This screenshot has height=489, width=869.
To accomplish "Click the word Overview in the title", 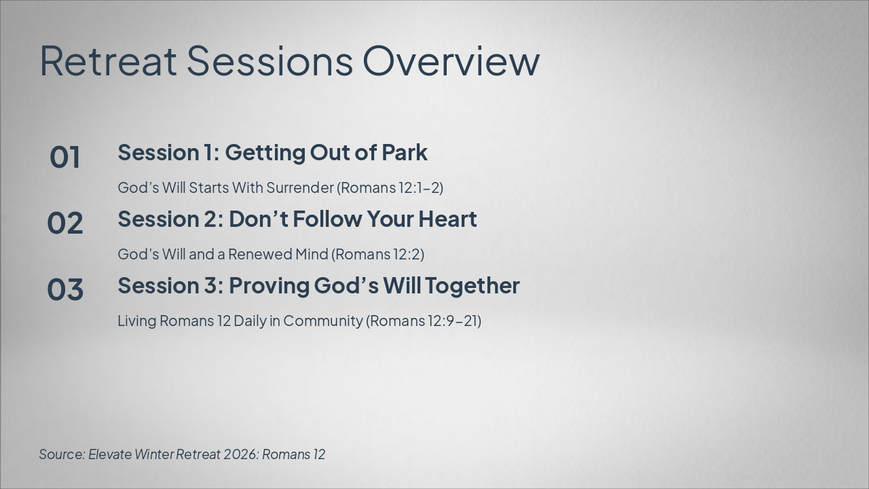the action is [451, 61].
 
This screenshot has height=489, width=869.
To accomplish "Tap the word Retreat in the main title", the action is [108, 61].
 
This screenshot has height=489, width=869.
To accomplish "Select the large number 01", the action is [64, 157].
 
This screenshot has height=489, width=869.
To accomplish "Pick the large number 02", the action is [64, 223].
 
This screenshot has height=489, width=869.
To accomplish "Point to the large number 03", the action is [64, 289].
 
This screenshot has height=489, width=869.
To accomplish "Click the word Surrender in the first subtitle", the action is [300, 187].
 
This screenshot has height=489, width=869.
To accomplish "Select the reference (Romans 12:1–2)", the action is [390, 187].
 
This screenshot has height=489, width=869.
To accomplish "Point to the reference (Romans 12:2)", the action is [377, 254].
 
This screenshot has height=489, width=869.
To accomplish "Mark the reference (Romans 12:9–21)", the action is [424, 321].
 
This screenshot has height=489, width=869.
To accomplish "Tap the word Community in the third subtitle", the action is [322, 321].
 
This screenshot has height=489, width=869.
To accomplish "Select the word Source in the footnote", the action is [62, 454].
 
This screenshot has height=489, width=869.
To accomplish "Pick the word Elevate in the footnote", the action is [110, 454].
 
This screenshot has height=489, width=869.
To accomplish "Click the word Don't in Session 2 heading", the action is [259, 219].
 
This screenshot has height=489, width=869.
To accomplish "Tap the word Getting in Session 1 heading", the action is [265, 153].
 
